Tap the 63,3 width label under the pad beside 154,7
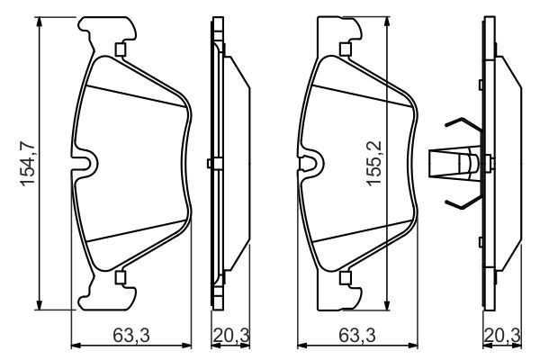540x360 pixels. (131, 337)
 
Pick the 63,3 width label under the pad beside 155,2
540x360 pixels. (358, 337)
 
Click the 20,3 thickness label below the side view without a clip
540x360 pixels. (230, 337)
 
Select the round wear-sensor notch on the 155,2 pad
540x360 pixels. (310, 165)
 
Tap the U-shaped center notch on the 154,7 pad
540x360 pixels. (85, 163)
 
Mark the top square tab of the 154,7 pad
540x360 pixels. (120, 49)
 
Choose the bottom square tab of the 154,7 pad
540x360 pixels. (120, 276)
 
